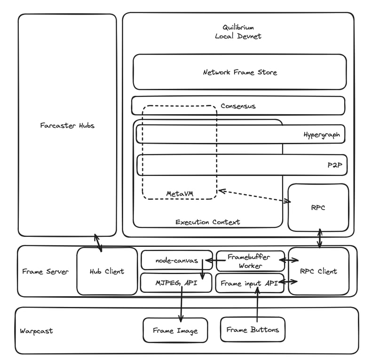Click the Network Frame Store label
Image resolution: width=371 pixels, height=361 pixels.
tap(240, 72)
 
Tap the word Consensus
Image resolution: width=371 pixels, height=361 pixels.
tap(238, 106)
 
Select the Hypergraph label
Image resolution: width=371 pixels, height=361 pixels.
tap(322, 135)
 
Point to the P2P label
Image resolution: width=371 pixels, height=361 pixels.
tap(335, 165)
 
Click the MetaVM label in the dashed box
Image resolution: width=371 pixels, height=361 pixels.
tap(180, 194)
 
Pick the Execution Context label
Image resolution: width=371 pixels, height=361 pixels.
tap(207, 222)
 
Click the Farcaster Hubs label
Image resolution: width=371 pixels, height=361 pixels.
tap(67, 126)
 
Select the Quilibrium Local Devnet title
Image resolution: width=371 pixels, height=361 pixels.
tap(238, 31)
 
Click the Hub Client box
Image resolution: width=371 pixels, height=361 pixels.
tap(107, 271)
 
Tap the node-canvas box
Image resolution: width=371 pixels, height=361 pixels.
tap(177, 260)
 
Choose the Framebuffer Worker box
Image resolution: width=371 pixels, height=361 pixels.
tap(250, 261)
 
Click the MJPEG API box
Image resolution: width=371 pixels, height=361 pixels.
tap(176, 283)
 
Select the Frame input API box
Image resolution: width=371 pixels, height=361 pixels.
tap(250, 283)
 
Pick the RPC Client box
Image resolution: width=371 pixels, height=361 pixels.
tap(318, 271)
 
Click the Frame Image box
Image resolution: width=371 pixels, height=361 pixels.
tap(175, 330)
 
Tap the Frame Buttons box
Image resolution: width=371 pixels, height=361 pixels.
tap(253, 330)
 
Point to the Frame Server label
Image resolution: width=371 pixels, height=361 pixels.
tap(45, 271)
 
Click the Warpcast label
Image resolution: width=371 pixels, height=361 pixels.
tap(36, 331)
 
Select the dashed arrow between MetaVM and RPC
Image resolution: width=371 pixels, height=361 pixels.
tap(254, 196)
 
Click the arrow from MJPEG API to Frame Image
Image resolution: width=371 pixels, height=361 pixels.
tap(182, 304)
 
